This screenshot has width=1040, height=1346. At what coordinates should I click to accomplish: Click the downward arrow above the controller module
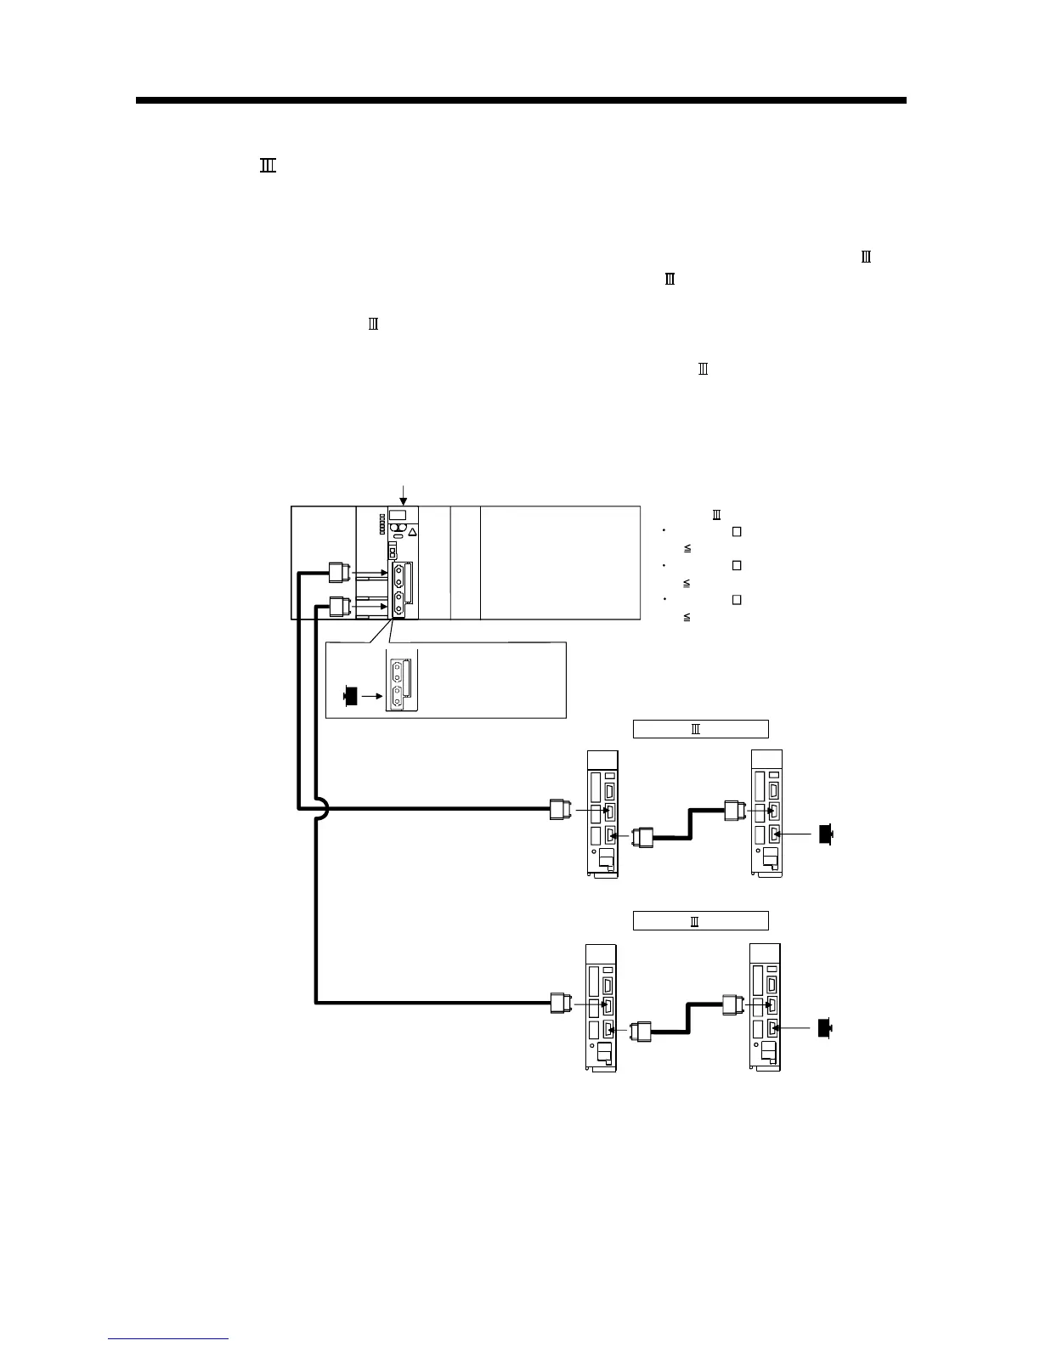[404, 494]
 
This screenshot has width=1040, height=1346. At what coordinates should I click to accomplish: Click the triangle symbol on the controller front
[412, 533]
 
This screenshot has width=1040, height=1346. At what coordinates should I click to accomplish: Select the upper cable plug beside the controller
[339, 574]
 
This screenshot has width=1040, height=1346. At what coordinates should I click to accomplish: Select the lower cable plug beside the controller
[339, 607]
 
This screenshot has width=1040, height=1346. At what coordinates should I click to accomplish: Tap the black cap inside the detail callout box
[348, 696]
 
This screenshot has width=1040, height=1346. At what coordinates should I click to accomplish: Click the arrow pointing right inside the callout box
[370, 696]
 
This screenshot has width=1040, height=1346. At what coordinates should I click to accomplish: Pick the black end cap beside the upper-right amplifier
[825, 834]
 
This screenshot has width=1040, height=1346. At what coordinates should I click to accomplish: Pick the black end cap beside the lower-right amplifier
[825, 1028]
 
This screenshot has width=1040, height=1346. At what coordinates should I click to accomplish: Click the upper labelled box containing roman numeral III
[700, 728]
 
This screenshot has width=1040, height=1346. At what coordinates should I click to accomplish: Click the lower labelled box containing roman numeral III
[700, 920]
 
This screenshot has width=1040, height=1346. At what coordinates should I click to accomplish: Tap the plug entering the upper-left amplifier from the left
[558, 810]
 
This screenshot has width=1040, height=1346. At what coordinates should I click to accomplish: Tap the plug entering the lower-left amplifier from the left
[558, 1004]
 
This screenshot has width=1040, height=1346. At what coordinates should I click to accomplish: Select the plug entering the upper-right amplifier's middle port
[734, 810]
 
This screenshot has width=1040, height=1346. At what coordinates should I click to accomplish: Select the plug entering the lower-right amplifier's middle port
[732, 1004]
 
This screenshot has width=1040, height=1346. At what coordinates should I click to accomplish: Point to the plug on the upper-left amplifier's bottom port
[644, 837]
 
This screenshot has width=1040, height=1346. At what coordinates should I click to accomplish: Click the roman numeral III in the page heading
[268, 167]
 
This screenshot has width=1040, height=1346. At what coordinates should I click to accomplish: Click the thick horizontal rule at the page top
[520, 100]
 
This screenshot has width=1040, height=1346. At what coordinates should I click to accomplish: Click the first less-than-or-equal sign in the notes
[687, 549]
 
